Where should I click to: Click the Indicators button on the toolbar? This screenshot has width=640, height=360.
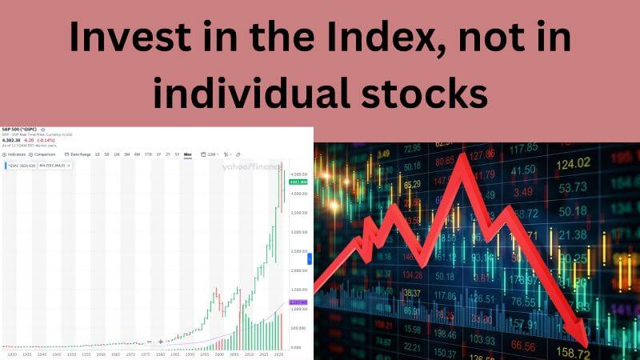[x=16, y=154]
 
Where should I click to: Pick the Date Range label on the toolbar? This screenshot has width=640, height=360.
[x=80, y=154]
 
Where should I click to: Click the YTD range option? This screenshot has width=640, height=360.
[x=147, y=154]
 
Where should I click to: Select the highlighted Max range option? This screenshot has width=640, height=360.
[x=188, y=154]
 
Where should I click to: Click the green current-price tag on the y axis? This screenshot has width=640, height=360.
[x=298, y=182]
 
